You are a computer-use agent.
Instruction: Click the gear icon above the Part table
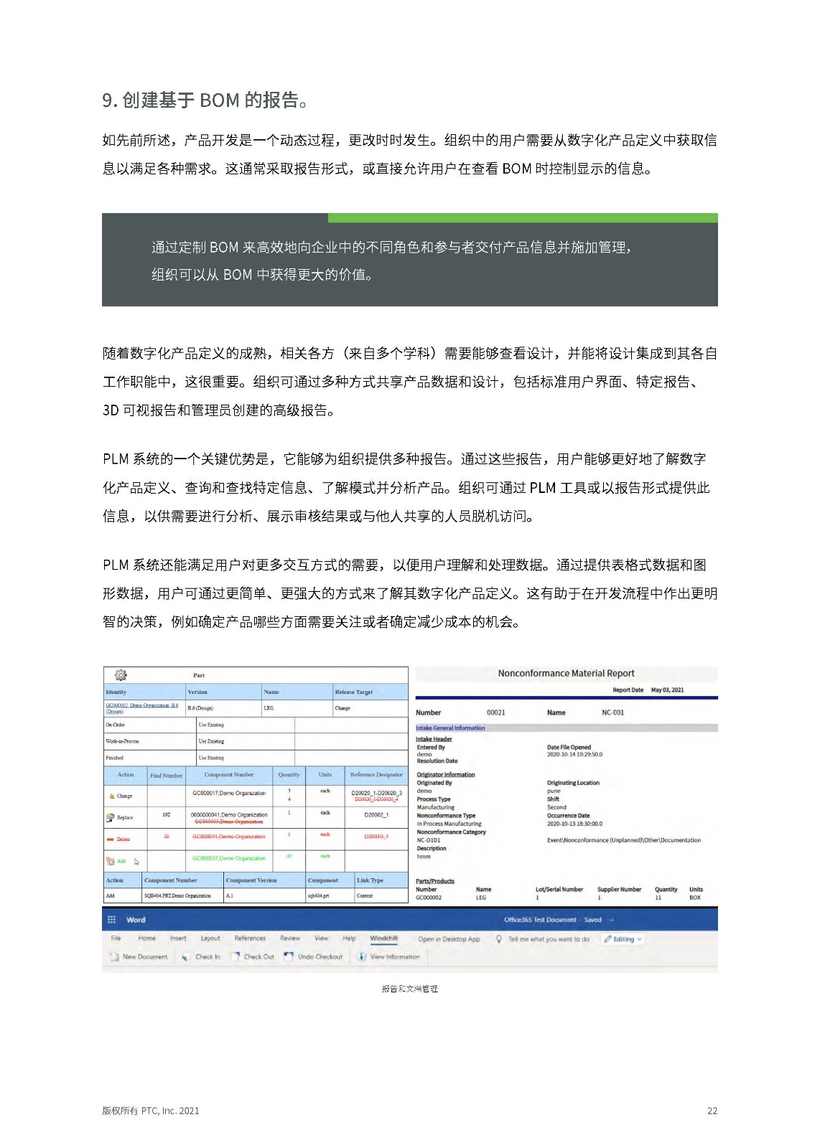[121, 675]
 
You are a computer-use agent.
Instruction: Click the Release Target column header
[353, 692]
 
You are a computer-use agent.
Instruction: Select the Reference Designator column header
[376, 775]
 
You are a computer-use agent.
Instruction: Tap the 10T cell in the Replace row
[166, 815]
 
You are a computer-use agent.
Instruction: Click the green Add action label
[121, 861]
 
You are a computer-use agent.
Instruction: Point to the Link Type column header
[370, 880]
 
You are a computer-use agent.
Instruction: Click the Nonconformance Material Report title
[566, 673]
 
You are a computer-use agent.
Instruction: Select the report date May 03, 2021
[667, 690]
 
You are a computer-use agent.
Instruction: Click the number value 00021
[495, 712]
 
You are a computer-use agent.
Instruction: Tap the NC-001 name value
[612, 712]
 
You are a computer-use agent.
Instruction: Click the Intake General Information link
[450, 728]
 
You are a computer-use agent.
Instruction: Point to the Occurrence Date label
[568, 816]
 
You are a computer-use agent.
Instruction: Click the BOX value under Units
[694, 898]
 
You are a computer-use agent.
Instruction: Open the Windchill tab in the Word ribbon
[383, 938]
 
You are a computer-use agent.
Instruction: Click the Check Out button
[258, 956]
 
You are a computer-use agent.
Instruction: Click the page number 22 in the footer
[712, 1111]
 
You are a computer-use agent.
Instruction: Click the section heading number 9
[109, 100]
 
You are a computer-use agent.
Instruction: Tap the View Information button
[394, 956]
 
